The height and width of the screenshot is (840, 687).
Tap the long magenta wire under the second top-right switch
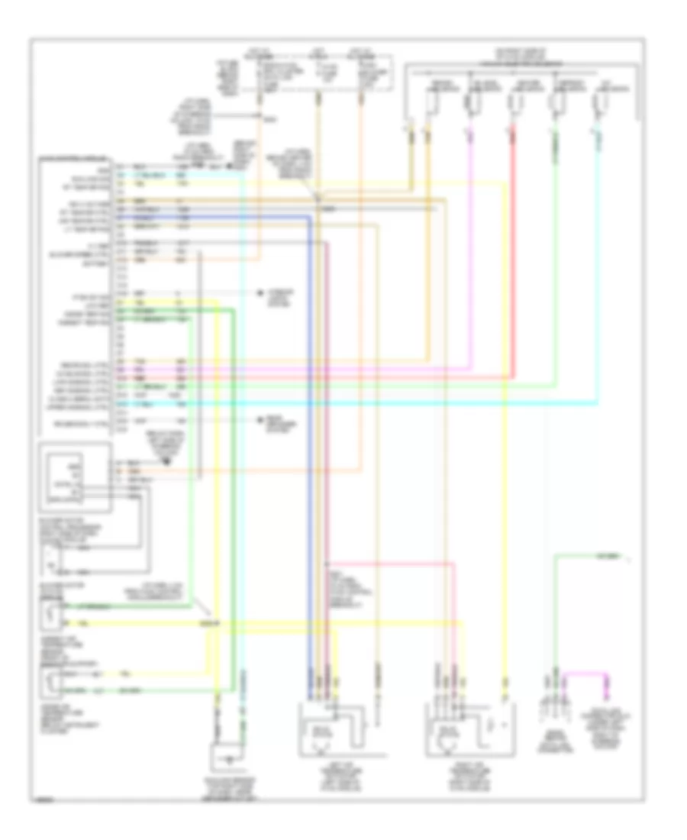click(x=470, y=252)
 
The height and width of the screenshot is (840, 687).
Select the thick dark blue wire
click(x=310, y=458)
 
